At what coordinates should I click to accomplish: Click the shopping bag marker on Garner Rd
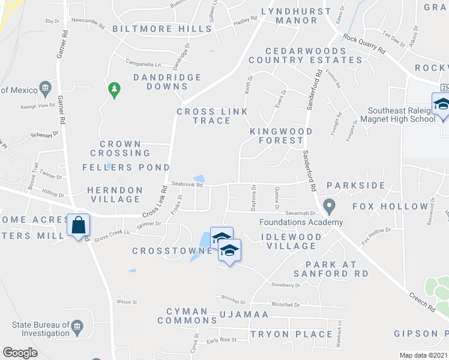click(79, 226)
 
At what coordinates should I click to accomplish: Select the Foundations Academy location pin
click(329, 206)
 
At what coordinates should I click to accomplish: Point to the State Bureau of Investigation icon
click(77, 328)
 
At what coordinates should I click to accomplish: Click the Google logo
click(20, 353)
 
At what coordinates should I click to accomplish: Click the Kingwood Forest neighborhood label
click(282, 136)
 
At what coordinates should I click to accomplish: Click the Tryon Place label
click(291, 334)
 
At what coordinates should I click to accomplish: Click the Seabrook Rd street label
click(187, 184)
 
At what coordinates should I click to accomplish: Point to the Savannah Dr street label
click(300, 213)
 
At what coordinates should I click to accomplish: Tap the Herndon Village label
click(115, 194)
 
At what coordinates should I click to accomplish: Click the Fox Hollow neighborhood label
click(390, 206)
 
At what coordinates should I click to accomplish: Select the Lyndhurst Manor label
click(295, 16)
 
